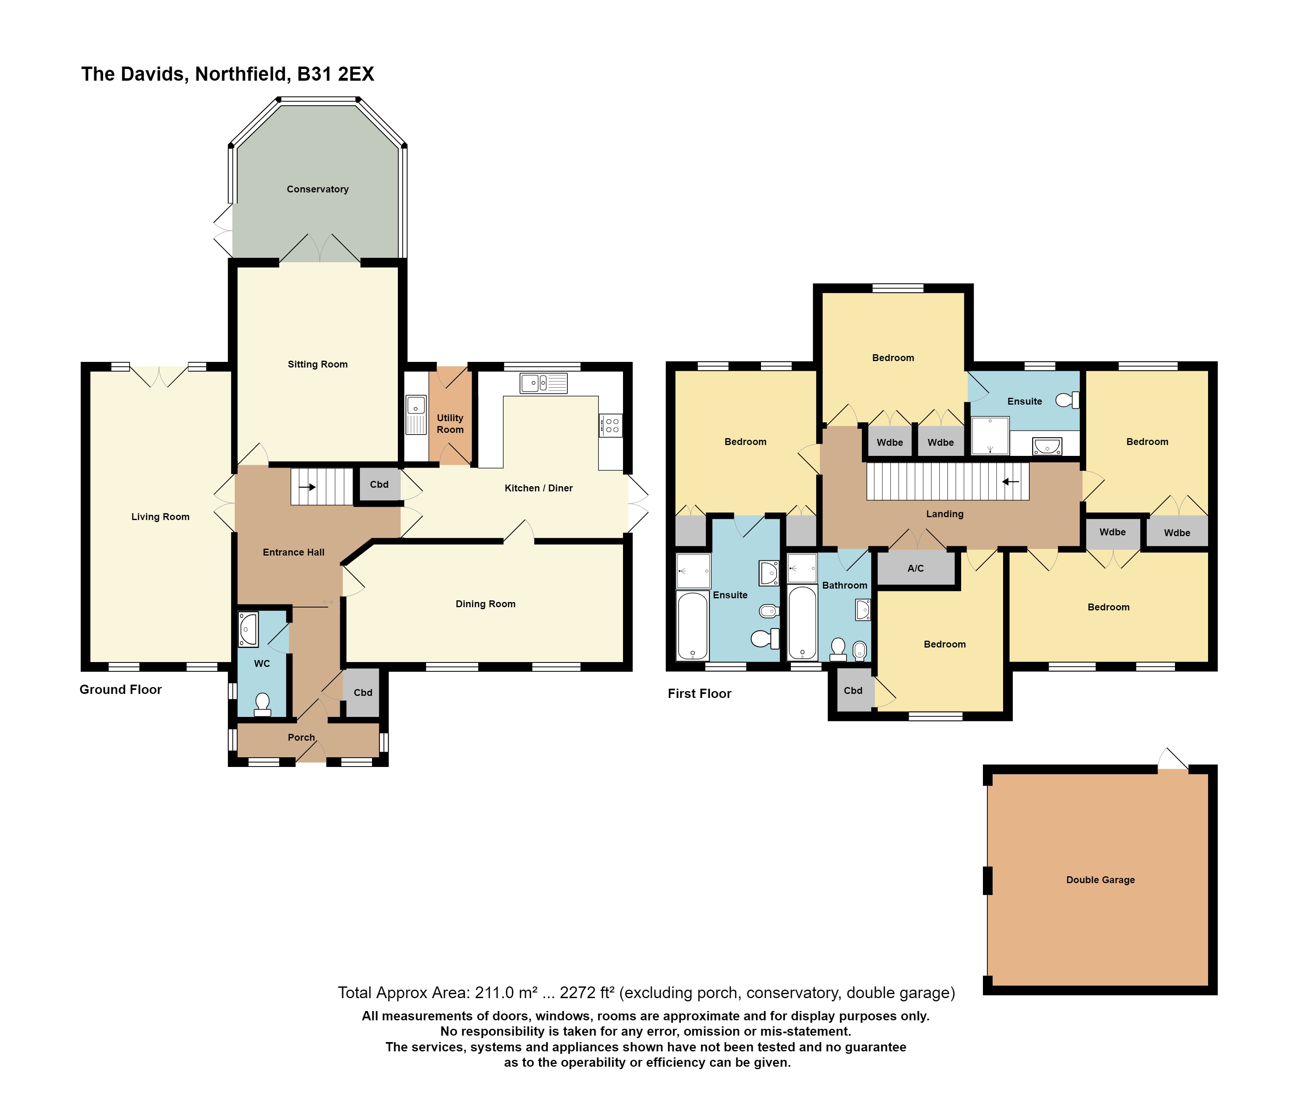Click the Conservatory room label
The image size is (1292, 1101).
point(318,189)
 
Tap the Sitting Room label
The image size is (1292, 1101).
point(318,364)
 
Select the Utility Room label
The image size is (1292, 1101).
point(450,423)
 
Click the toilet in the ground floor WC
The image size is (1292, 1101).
point(263,704)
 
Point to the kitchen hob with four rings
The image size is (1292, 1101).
point(610,425)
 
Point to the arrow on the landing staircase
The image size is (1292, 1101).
point(1011,481)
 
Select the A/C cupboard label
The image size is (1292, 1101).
point(916,568)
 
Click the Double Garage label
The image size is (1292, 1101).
point(1101,880)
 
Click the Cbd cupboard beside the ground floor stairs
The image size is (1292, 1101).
point(379,485)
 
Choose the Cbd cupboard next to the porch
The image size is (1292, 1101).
point(363,693)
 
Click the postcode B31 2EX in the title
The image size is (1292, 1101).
point(335,74)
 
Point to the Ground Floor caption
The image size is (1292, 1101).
point(120,689)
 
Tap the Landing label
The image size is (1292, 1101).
point(945,514)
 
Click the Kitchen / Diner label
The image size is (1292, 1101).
point(539,488)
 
